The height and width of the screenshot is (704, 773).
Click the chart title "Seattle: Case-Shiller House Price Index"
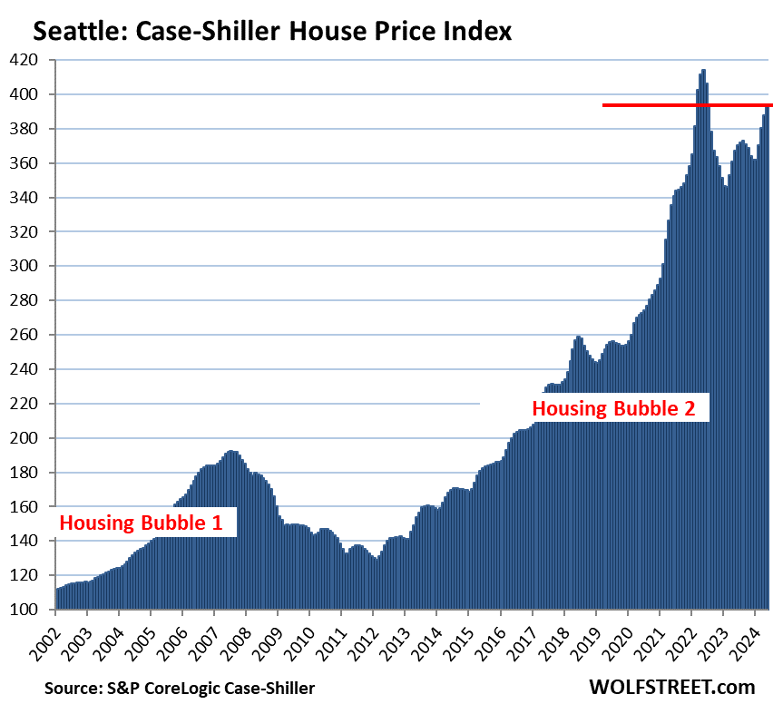272,33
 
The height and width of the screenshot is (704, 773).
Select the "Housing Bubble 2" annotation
613,408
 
